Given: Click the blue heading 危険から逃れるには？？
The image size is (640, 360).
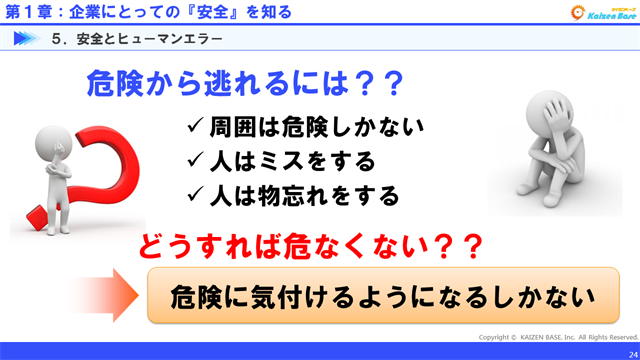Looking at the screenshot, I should [243, 82].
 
